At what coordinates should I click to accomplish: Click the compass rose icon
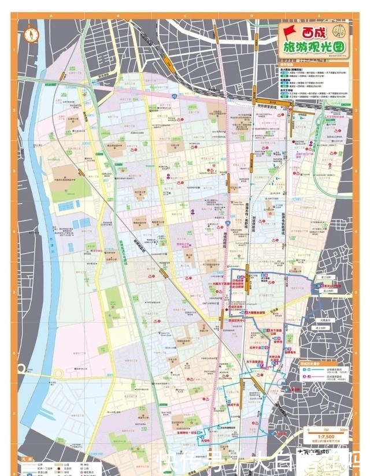(x=30, y=34)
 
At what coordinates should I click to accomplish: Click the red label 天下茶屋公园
(x=278, y=333)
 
